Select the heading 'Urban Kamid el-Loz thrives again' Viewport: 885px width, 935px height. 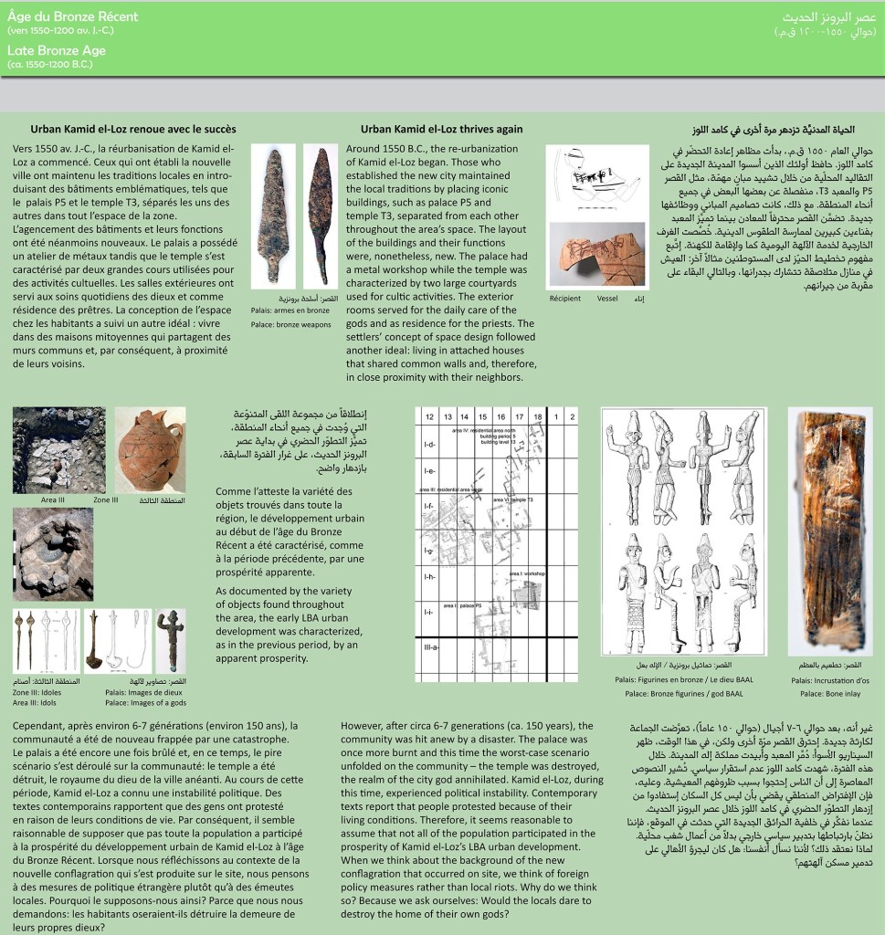441,129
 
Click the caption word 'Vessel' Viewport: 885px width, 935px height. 607,298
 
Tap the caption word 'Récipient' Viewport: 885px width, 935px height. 564,298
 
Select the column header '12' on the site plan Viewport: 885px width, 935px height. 428,416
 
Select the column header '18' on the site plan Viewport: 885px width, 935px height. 537,416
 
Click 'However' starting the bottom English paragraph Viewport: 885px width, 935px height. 363,726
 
